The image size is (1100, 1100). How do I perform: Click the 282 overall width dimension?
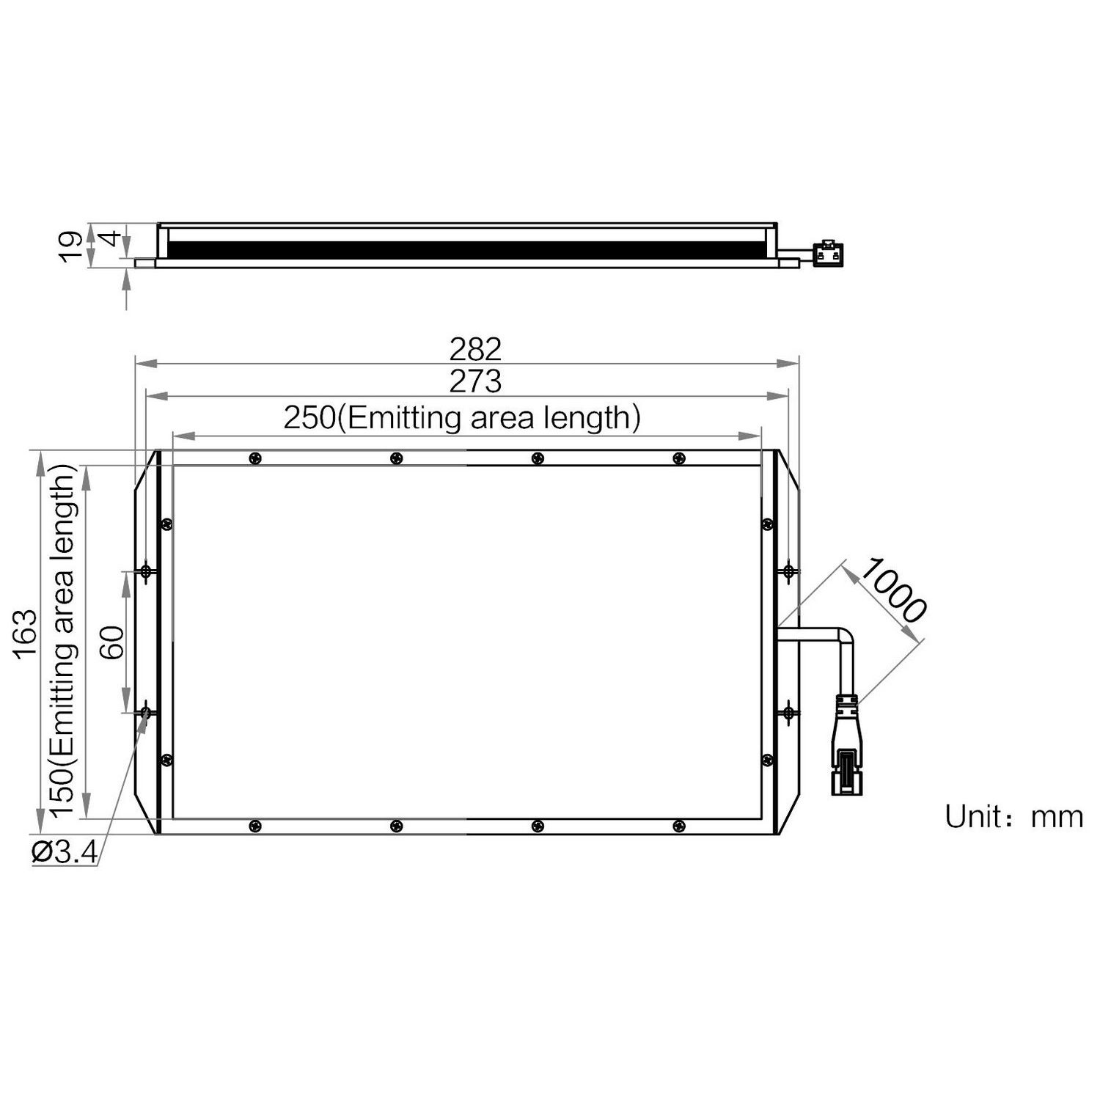475,349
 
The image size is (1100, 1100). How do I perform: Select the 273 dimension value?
475,381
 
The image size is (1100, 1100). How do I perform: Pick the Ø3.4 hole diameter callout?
65,852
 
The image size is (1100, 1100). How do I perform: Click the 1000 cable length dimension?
892,590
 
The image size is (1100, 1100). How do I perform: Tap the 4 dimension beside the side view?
109,238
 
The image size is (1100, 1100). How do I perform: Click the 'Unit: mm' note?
1014,816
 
